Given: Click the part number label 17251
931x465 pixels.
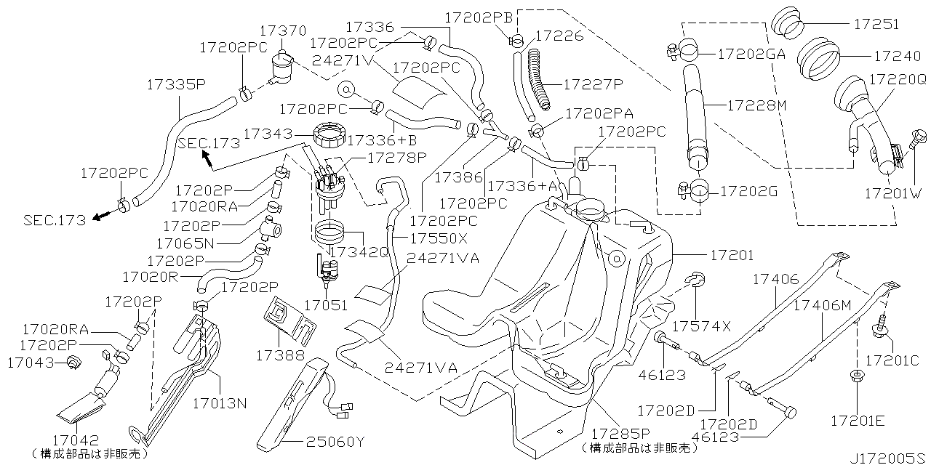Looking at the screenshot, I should click(x=876, y=24).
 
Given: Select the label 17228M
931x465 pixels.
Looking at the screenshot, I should click(x=757, y=106).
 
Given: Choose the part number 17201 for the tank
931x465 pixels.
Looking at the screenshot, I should click(x=732, y=256).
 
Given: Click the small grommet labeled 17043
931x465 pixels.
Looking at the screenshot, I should click(x=73, y=363).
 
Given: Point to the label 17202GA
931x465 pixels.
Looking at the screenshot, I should click(x=751, y=53).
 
